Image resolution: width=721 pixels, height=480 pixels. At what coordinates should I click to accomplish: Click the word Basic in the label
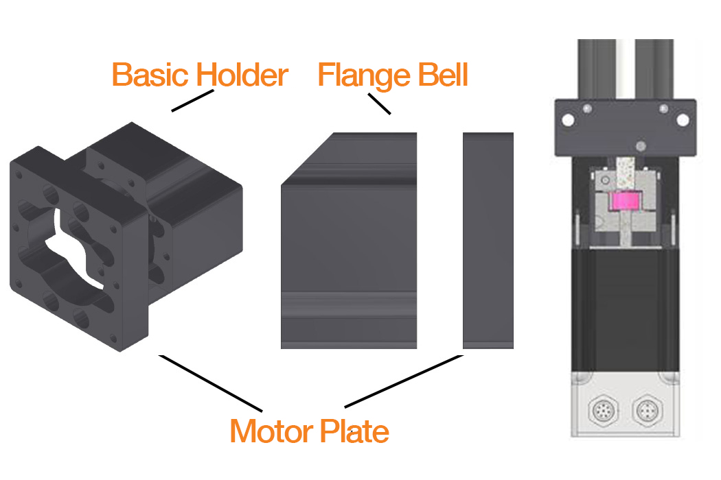[x=150, y=75]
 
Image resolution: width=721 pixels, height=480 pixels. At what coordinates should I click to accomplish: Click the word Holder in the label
[x=241, y=75]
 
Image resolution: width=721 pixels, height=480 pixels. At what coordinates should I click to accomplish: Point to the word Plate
[x=354, y=431]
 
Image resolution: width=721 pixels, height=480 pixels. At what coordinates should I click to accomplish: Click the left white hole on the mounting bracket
[x=567, y=119]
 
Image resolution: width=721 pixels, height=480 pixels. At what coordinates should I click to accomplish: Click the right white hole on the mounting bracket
[x=683, y=119]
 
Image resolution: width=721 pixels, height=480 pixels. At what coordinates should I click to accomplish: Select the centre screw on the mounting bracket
[x=640, y=145]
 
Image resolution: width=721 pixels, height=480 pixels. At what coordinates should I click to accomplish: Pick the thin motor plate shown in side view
[x=488, y=240]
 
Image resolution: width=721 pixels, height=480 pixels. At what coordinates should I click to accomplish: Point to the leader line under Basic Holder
[x=189, y=101]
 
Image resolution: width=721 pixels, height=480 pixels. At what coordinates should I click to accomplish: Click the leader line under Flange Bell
[x=379, y=104]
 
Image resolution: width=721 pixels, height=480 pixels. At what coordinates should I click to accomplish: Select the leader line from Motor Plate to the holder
[x=209, y=381]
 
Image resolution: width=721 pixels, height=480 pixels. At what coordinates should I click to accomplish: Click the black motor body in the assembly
[x=625, y=309]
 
